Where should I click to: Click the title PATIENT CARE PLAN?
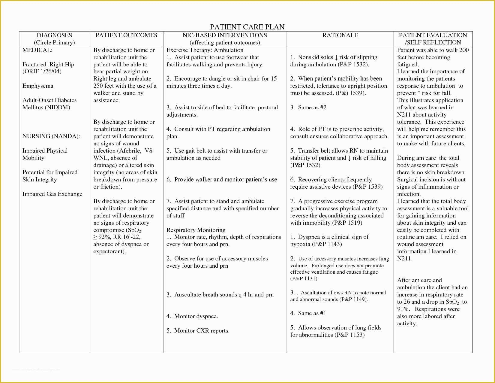[247, 27]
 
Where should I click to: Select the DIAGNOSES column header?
[54, 35]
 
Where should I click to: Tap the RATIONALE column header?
[340, 35]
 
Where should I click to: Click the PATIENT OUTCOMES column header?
[126, 35]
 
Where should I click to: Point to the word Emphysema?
[38, 86]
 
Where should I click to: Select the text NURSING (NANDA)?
[51, 136]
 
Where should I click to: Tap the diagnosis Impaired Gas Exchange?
[52, 194]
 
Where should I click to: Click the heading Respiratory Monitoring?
[196, 230]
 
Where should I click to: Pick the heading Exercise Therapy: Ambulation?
[205, 50]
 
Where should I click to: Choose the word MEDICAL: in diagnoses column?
[37, 50]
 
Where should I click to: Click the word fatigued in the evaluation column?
[407, 65]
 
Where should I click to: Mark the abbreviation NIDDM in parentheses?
[58, 108]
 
